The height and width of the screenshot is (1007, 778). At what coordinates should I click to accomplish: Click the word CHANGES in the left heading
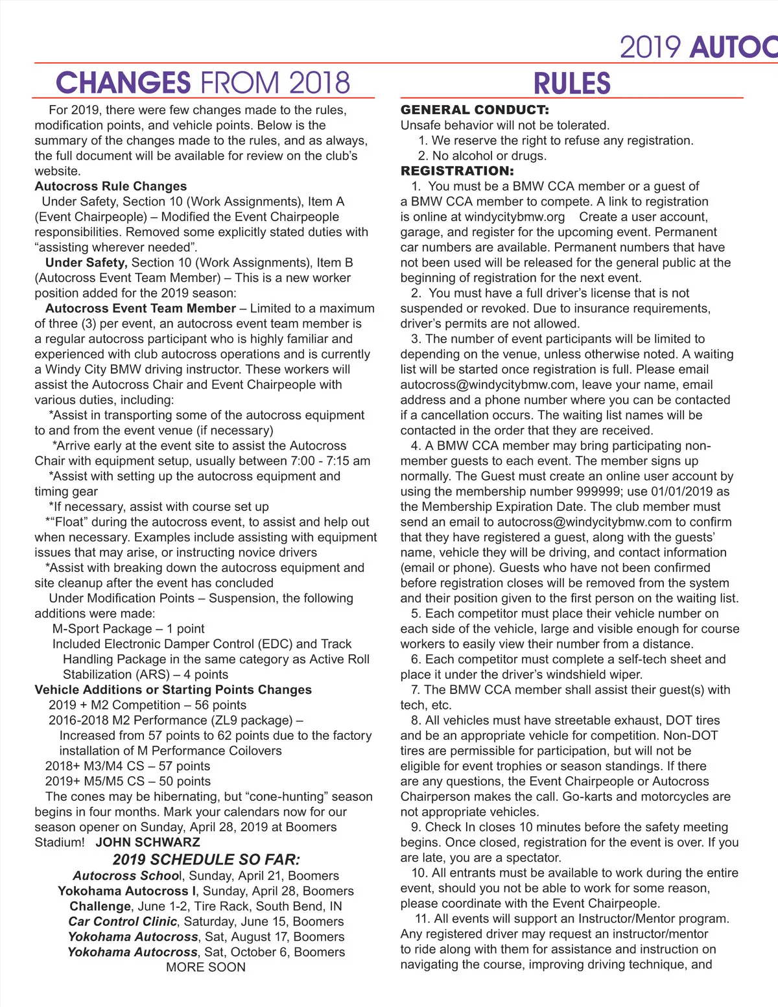coord(123,83)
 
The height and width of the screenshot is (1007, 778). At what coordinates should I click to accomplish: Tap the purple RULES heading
coord(572,84)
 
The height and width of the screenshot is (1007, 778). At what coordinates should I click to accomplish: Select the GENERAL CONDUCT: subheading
coord(475,110)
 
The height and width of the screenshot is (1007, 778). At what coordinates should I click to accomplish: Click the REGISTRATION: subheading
coord(457,171)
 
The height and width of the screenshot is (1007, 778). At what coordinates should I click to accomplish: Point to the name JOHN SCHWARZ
coord(148,842)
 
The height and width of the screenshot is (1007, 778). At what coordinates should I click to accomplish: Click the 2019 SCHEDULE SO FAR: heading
coord(206,860)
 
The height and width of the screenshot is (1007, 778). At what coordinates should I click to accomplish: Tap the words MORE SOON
coord(206,967)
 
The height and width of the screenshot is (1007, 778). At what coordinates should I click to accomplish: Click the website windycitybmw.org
coord(515,217)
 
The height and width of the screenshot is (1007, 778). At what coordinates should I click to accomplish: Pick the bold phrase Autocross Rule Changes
coord(111,186)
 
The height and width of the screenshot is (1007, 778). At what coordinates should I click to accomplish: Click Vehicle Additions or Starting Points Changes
coord(173,689)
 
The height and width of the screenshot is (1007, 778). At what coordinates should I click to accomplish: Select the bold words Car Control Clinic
coord(123,921)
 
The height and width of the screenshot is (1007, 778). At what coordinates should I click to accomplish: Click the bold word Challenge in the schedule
coord(100,906)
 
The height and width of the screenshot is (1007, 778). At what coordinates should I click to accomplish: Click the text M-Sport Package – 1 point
coord(128,628)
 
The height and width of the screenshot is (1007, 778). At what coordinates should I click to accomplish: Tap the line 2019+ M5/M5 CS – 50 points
coord(128,781)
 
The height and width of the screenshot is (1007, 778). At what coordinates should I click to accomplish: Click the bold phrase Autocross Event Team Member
coord(141,308)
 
